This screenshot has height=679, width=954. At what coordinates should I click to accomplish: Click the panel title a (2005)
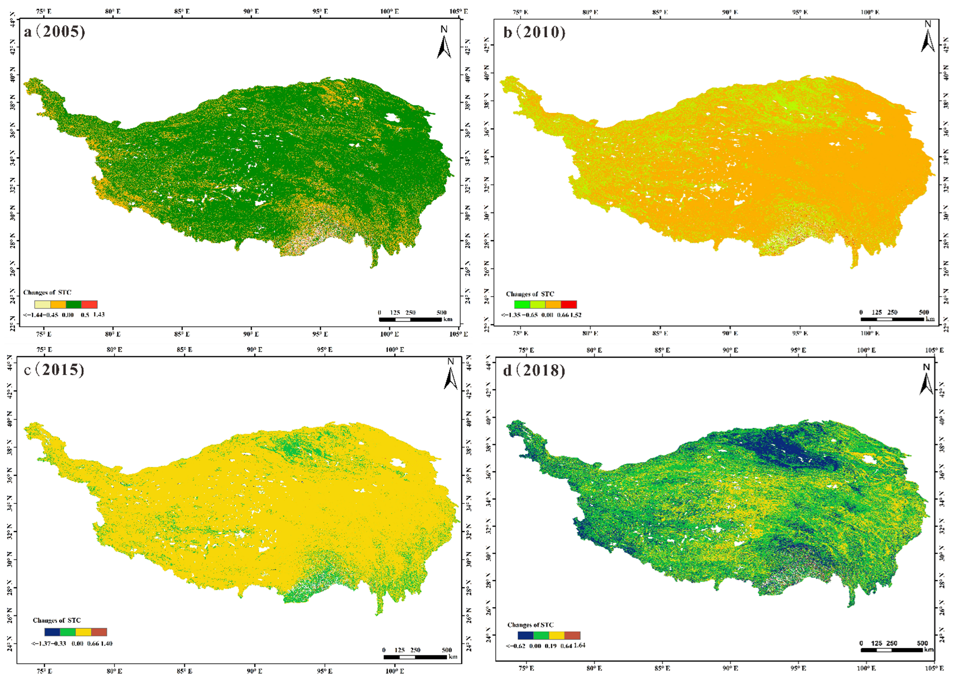click(x=54, y=32)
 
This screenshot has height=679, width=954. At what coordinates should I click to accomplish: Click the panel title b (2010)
click(x=534, y=32)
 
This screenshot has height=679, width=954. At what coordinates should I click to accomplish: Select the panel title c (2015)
click(x=54, y=370)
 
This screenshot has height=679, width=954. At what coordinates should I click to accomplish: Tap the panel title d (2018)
click(x=534, y=370)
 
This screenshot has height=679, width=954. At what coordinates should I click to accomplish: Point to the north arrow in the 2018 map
click(x=926, y=379)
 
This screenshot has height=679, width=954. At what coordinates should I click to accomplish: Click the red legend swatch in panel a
click(x=89, y=304)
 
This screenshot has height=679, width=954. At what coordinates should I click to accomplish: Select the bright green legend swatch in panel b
click(x=522, y=304)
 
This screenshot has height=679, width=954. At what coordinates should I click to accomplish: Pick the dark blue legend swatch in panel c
click(x=52, y=632)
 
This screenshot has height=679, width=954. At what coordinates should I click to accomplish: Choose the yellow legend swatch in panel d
click(x=557, y=635)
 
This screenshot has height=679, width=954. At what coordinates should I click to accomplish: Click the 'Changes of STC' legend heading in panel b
click(x=530, y=294)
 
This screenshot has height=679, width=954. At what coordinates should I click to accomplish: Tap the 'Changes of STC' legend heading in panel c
click(x=56, y=620)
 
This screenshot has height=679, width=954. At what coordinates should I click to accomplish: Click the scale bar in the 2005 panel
click(x=410, y=320)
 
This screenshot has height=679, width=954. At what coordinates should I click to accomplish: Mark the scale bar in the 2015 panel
click(x=415, y=657)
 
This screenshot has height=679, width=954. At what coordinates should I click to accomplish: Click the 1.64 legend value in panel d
click(x=580, y=645)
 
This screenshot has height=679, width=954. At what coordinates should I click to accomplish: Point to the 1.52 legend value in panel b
click(x=576, y=315)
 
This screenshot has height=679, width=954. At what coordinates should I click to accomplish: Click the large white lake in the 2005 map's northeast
click(x=393, y=118)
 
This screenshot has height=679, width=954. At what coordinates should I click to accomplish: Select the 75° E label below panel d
click(x=526, y=668)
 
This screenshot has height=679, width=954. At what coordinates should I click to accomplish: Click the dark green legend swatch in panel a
click(x=74, y=304)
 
